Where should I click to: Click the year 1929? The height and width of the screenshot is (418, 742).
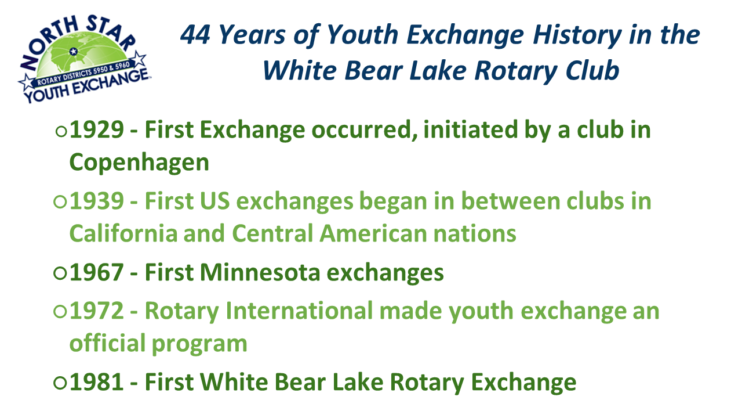point(97,129)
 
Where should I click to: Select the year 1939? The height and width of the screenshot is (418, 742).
point(97,201)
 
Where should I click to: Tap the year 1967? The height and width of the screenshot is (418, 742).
point(97,273)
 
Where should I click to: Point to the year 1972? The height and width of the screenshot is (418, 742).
point(97,311)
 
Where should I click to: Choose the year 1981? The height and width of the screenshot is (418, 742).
point(97,382)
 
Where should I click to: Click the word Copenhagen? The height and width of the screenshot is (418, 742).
point(139,163)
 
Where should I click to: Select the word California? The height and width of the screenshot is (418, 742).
point(123,233)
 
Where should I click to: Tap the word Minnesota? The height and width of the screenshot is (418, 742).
point(260,273)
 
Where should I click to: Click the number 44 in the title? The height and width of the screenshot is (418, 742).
point(195,35)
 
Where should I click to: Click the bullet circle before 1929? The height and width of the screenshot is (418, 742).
point(61,131)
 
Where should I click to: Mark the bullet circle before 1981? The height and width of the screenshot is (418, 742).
point(60,383)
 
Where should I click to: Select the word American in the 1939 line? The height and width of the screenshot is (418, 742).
point(373,233)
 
